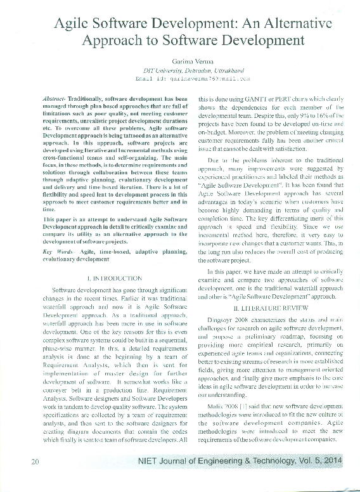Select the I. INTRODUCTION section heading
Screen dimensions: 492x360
coord(113,278)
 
